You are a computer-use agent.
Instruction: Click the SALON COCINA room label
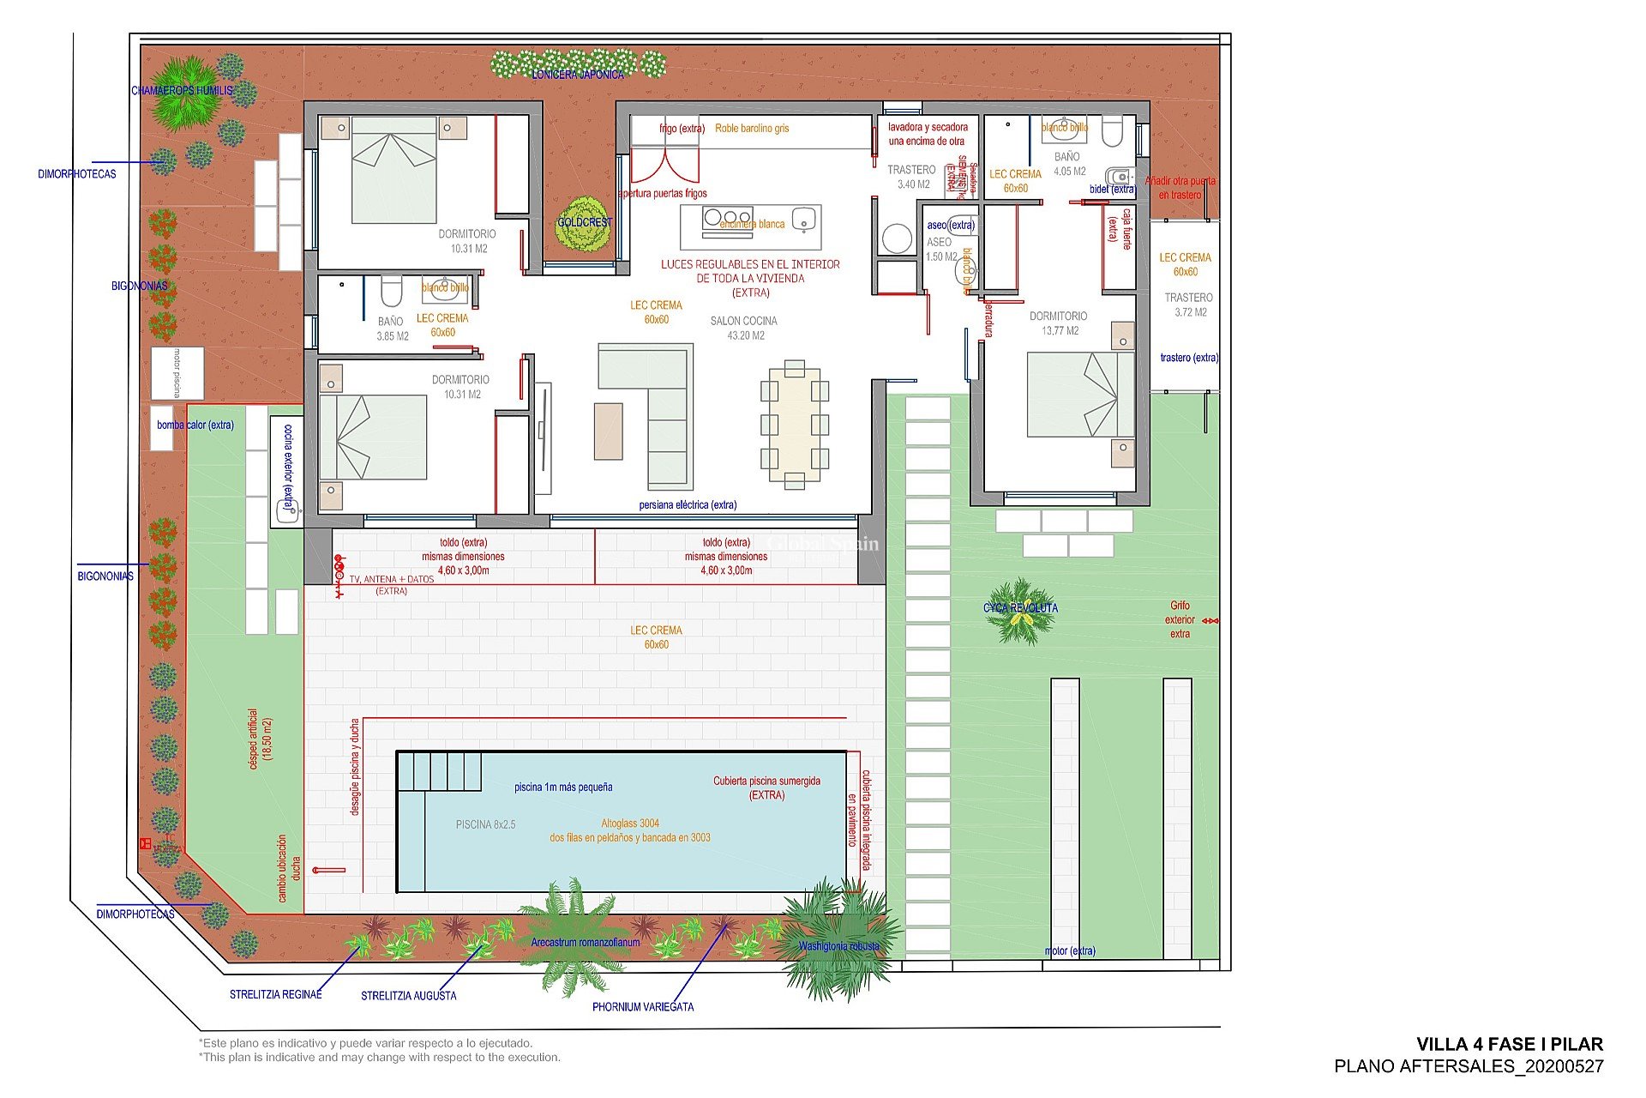coord(743,328)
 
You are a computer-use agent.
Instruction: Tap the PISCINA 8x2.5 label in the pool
coord(485,824)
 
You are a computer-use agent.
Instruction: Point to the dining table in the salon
coord(794,424)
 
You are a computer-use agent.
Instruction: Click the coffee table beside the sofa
coord(608,431)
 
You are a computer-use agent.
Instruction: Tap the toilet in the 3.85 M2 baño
coord(391,291)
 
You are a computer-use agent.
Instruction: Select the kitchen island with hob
coord(751,225)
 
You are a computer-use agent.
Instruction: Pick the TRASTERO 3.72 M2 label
coord(1188,305)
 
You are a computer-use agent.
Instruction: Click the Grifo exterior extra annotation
coord(1180,619)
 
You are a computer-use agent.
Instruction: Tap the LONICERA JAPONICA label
coord(578,75)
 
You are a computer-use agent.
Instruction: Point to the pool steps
coord(438,770)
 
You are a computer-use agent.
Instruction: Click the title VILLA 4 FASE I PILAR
coord(1509,1044)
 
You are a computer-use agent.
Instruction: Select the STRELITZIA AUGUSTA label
coord(408,996)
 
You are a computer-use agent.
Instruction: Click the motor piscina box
coord(177,372)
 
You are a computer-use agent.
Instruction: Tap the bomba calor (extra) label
coord(195,425)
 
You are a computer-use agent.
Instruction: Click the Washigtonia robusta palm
coord(838,944)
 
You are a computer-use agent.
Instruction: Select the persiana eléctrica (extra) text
coord(688,504)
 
